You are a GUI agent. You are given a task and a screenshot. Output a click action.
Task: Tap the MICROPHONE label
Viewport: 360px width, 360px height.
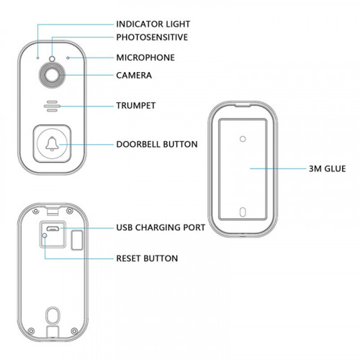[145, 57]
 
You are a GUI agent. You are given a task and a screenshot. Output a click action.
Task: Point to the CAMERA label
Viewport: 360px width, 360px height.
[134, 75]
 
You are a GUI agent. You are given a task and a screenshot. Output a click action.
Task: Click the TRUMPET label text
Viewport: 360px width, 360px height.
[136, 105]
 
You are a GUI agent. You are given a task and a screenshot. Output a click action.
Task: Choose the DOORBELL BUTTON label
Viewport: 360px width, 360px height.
[157, 144]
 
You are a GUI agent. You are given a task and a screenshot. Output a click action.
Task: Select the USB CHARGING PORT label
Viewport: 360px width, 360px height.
[161, 227]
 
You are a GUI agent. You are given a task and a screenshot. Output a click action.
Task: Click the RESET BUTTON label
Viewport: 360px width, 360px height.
[147, 257]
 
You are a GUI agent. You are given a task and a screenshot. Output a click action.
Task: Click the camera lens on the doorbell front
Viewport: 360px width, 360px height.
[53, 74]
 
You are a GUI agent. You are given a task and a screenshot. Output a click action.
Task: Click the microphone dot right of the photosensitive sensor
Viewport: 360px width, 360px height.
[68, 57]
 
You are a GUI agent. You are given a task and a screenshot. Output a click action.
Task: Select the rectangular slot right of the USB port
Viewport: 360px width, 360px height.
[77, 238]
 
